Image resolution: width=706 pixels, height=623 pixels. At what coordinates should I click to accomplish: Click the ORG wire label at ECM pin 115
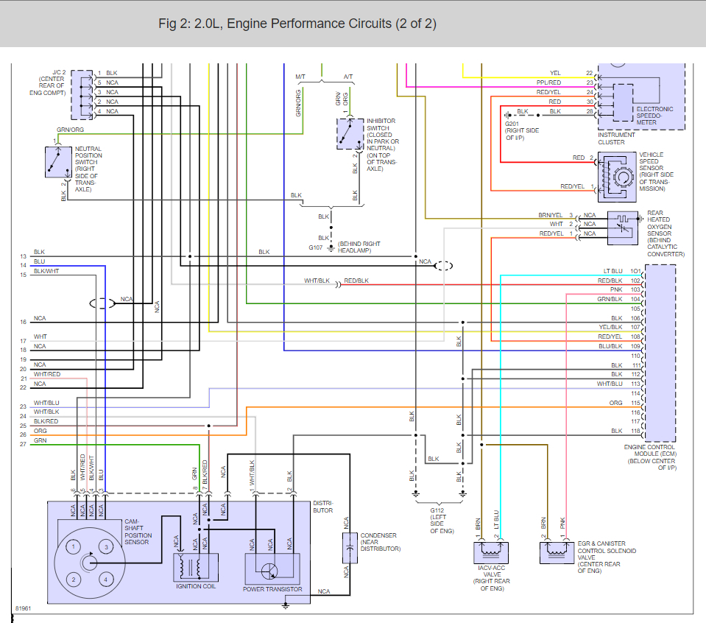pyautogui.click(x=616, y=403)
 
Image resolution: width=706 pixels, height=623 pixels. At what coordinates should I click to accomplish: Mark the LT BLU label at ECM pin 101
pyautogui.click(x=613, y=272)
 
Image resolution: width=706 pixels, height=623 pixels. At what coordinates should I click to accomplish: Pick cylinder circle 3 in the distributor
pyautogui.click(x=107, y=547)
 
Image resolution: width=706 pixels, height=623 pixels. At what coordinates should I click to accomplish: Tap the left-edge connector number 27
pyautogui.click(x=23, y=444)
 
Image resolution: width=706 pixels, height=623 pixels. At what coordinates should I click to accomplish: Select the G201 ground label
pyautogui.click(x=512, y=123)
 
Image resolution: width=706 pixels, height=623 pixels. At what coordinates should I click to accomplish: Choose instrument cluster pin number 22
pyautogui.click(x=589, y=74)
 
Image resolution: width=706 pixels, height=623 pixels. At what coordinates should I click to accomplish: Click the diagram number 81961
pyautogui.click(x=24, y=609)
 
